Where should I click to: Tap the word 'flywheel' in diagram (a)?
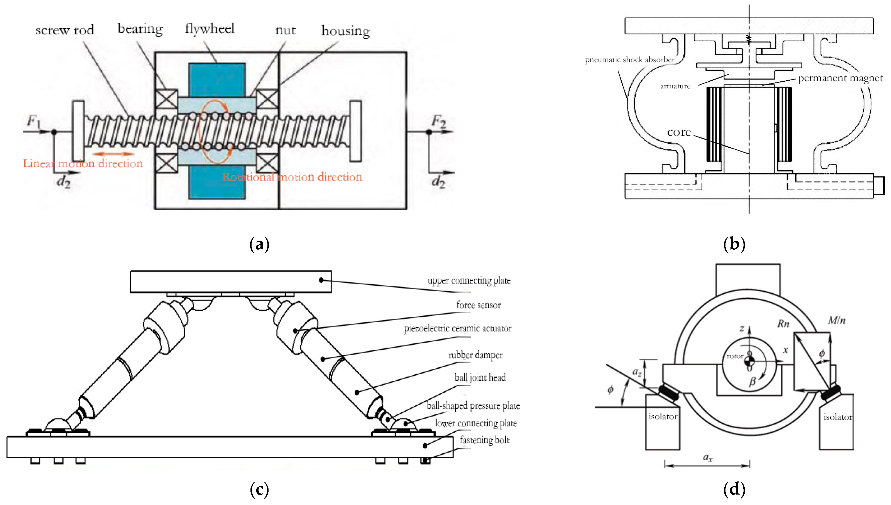pyautogui.click(x=210, y=29)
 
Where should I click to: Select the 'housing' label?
pyautogui.click(x=345, y=31)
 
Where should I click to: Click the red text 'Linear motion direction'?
pyautogui.click(x=83, y=163)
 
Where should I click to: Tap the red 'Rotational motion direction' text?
pyautogui.click(x=292, y=177)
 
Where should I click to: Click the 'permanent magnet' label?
pyautogui.click(x=840, y=78)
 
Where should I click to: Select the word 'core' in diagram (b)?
pyautogui.click(x=679, y=132)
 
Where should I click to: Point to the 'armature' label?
pyautogui.click(x=675, y=86)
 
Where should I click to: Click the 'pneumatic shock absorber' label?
pyautogui.click(x=629, y=60)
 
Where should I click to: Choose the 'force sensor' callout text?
pyautogui.click(x=478, y=305)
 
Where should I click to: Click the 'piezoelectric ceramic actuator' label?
pyautogui.click(x=457, y=328)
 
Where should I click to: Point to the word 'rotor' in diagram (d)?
pyautogui.click(x=735, y=356)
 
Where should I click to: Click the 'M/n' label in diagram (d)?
pyautogui.click(x=837, y=321)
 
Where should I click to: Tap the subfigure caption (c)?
pyautogui.click(x=259, y=489)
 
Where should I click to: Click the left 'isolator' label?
pyautogui.click(x=663, y=417)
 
